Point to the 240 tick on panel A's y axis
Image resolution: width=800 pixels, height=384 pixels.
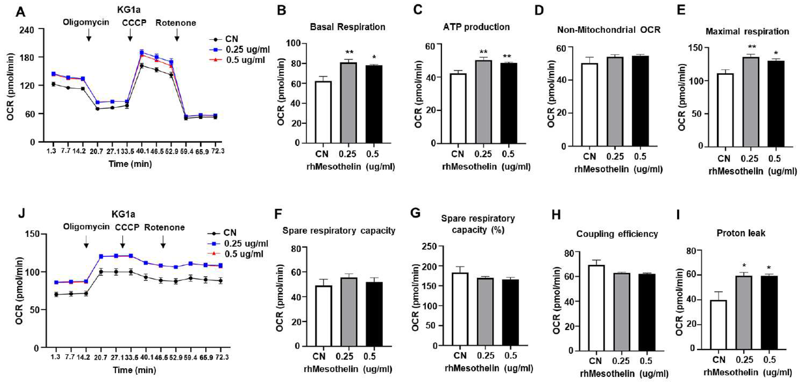click(27, 30)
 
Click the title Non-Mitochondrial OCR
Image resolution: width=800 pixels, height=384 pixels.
click(609, 30)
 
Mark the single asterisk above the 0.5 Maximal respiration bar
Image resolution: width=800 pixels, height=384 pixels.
click(776, 53)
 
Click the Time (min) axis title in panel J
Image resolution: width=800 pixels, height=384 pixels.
click(134, 370)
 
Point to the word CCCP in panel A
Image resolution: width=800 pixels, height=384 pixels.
click(134, 23)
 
